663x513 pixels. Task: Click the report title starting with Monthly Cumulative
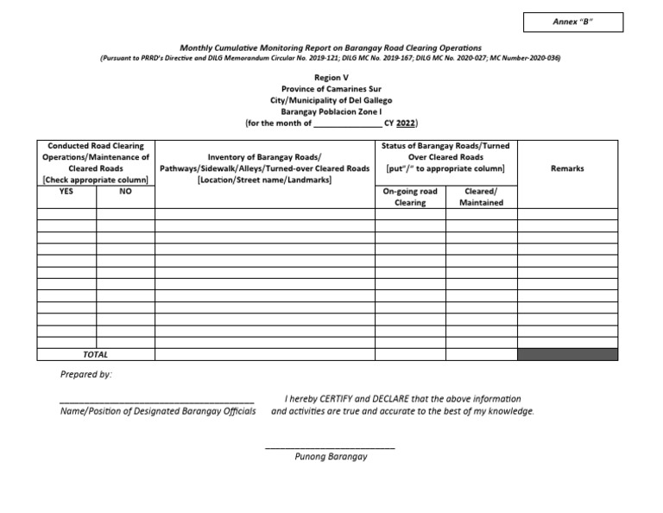(331, 47)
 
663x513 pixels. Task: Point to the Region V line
(331, 77)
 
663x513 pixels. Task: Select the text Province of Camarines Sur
(331, 89)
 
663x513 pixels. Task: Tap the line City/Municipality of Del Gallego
(331, 100)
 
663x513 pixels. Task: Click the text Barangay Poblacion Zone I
(331, 111)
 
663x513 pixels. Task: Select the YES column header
(66, 191)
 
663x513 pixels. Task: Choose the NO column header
(125, 191)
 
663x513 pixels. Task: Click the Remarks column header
(567, 168)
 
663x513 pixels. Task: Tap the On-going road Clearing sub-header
(410, 197)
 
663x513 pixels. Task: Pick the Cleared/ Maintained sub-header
(481, 197)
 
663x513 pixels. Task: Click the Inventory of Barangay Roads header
(264, 168)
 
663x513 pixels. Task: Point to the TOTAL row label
(96, 354)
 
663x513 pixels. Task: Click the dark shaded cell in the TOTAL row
(567, 354)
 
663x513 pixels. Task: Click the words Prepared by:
(85, 375)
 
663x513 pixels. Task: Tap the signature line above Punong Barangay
(330, 446)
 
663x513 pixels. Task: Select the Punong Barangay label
(331, 457)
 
